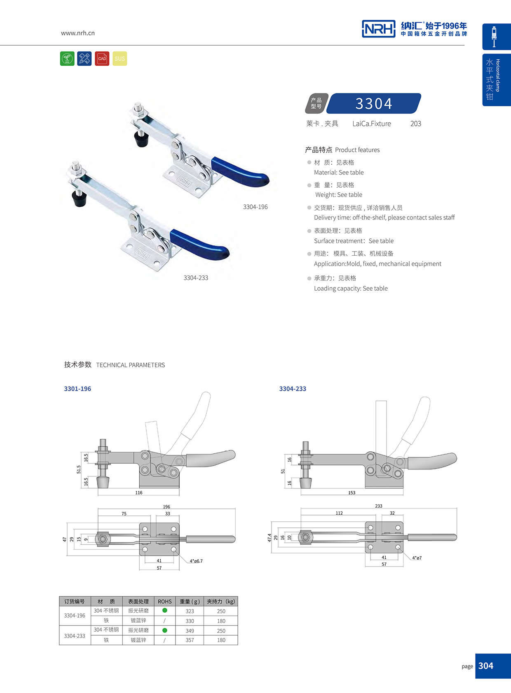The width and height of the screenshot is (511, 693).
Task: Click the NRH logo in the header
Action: point(378,29)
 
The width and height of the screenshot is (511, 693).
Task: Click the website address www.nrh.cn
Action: point(78,33)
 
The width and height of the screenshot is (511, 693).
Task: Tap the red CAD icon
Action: point(102,58)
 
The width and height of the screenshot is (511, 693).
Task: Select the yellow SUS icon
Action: point(120,58)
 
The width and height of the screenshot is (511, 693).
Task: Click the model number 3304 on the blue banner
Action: point(374,104)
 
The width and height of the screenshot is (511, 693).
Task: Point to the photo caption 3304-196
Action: point(255,207)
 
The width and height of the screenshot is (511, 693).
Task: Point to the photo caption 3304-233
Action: point(196,278)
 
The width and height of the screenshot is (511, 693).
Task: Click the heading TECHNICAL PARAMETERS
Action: point(130,365)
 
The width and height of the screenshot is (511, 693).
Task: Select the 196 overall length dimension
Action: point(166,507)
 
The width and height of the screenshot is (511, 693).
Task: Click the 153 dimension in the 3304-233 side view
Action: point(352,493)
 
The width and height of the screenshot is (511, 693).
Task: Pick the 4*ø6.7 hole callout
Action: point(196,561)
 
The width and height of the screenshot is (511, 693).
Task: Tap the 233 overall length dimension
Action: point(379,506)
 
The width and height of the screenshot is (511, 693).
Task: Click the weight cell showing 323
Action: point(190,611)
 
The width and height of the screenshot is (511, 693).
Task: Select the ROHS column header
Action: point(164,602)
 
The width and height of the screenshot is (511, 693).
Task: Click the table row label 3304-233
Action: point(75,636)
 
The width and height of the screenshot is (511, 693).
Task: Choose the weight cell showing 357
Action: point(190,640)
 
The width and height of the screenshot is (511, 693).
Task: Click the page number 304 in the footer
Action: point(486,666)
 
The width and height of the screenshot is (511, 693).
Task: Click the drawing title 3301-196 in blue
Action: point(77,389)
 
